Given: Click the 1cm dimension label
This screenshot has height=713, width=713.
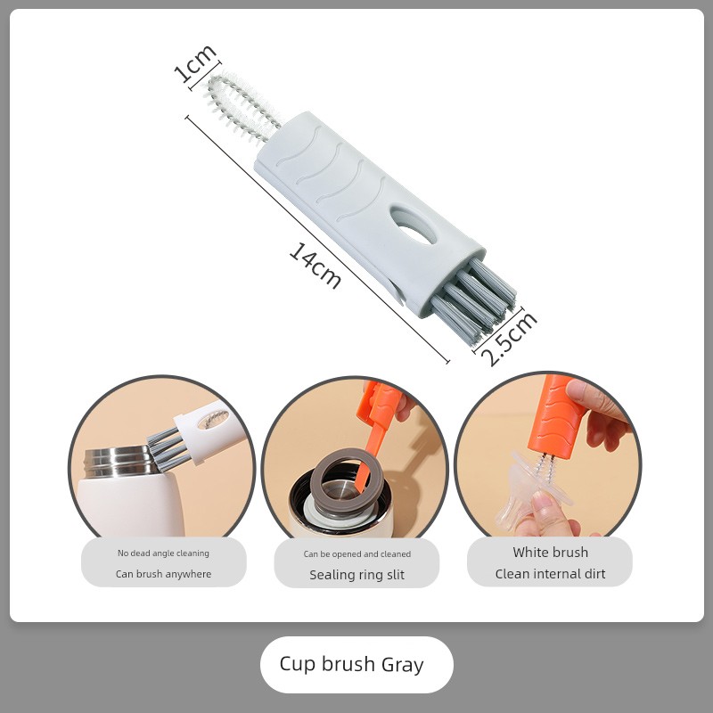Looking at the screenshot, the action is tap(195, 63).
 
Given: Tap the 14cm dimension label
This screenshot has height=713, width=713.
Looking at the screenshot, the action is tap(316, 266).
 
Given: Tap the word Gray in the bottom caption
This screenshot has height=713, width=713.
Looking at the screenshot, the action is tap(403, 665).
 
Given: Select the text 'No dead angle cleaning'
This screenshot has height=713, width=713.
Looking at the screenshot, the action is tap(164, 553).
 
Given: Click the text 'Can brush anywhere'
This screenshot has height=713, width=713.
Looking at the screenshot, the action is tap(164, 574).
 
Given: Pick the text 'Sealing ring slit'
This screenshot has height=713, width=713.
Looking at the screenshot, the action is tap(357, 575).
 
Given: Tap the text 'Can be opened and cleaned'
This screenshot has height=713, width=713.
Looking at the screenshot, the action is tap(357, 553).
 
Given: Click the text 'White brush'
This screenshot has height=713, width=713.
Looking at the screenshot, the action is tap(551, 552).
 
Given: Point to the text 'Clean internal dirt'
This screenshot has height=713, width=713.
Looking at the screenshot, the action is tap(551, 574).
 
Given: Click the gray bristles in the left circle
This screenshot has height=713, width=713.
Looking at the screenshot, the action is tap(168, 448).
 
